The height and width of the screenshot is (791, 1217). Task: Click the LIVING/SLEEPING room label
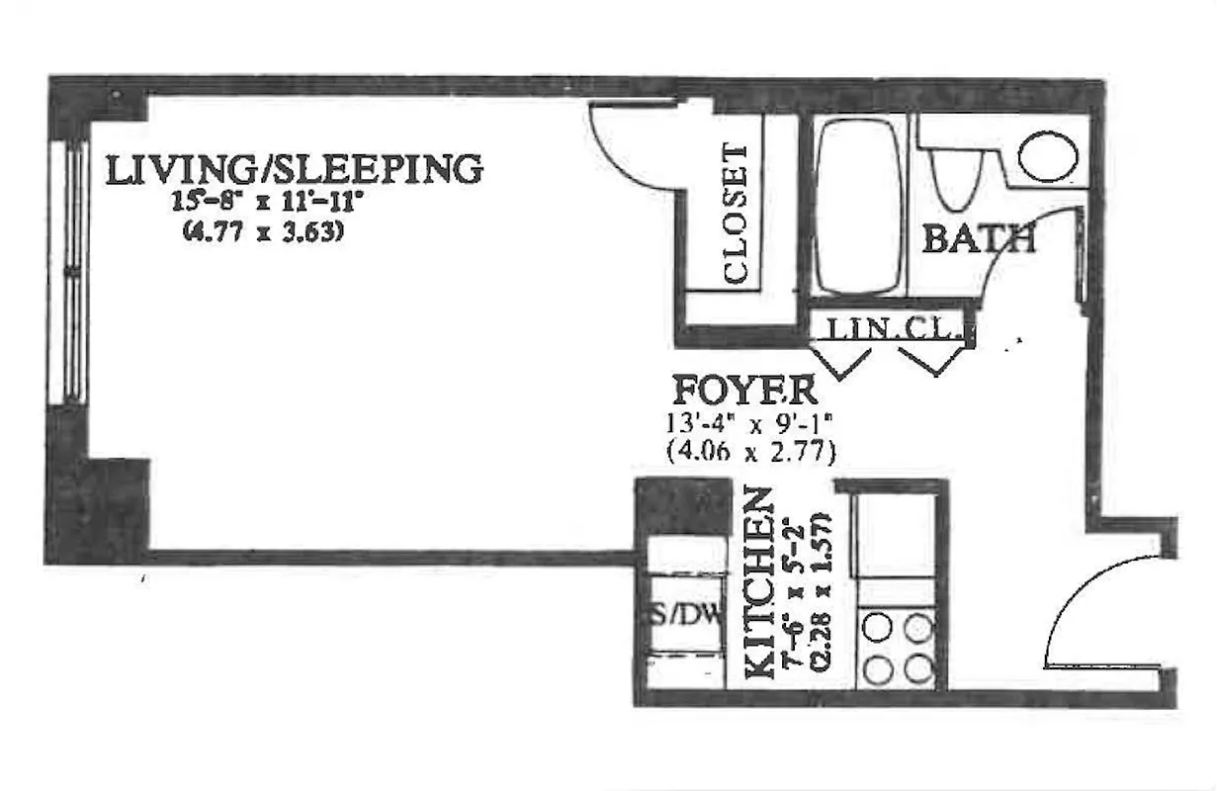point(294,169)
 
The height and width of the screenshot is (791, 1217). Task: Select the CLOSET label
point(737,215)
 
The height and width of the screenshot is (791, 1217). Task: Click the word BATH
point(978,239)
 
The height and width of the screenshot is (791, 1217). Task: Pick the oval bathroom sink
point(1048,157)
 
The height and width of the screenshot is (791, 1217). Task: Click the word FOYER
point(744,391)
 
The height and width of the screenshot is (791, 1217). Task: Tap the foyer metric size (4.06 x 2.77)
point(752,454)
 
